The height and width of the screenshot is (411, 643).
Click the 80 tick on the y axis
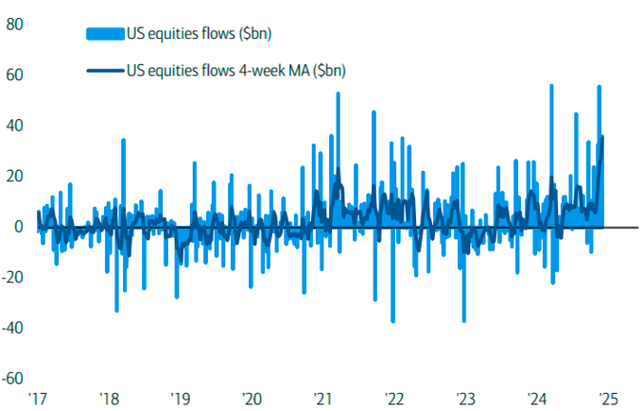pyautogui.click(x=15, y=25)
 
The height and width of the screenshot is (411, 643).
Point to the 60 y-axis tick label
pyautogui.click(x=15, y=75)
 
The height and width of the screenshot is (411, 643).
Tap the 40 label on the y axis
pyautogui.click(x=15, y=126)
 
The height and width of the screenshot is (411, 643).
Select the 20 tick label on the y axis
pyautogui.click(x=15, y=177)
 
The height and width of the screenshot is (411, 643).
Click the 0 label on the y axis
pyautogui.click(x=19, y=227)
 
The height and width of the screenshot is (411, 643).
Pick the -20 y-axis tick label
pyautogui.click(x=13, y=278)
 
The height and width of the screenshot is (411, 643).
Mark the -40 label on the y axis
pyautogui.click(x=13, y=328)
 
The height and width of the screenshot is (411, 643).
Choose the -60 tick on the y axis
pyautogui.click(x=13, y=378)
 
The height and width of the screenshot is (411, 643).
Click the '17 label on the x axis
pyautogui.click(x=38, y=398)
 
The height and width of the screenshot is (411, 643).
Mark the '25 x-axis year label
pyautogui.click(x=608, y=398)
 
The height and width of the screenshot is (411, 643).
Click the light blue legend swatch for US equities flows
pyautogui.click(x=105, y=35)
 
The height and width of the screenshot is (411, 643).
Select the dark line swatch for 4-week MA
pyautogui.click(x=105, y=69)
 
